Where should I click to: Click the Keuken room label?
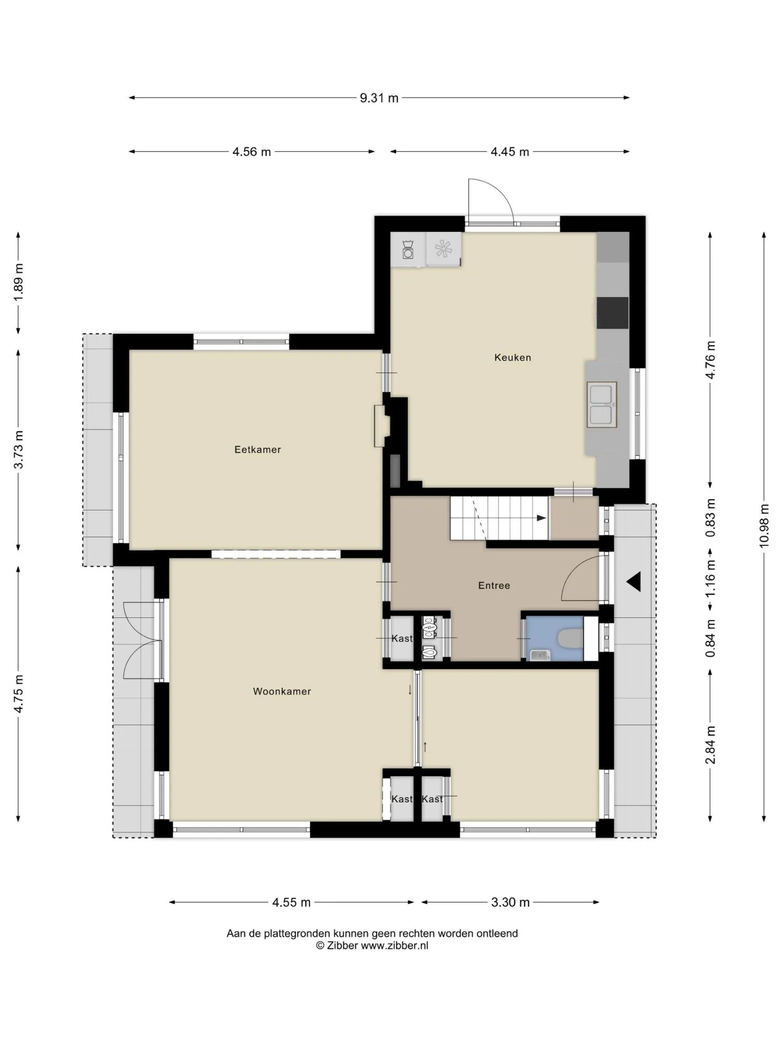[x=512, y=357]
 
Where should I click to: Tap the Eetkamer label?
[x=258, y=450]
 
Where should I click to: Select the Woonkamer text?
[x=282, y=691]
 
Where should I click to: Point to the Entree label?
[x=494, y=586]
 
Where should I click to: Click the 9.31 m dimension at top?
[x=379, y=98]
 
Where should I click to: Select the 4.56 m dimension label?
[x=252, y=152]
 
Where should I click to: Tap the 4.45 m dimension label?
[x=510, y=152]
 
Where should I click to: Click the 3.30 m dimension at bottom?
[x=510, y=902]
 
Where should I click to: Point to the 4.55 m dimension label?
[x=291, y=902]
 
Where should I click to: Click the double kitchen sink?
[x=602, y=405]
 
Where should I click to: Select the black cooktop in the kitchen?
[x=613, y=313]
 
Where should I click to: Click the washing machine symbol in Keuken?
[x=408, y=250]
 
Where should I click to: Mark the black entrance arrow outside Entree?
[x=634, y=581]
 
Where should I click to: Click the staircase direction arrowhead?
[x=542, y=518]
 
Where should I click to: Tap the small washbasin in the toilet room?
[x=540, y=655]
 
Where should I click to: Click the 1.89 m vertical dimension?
[x=19, y=282]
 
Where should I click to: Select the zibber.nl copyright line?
[x=372, y=946]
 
